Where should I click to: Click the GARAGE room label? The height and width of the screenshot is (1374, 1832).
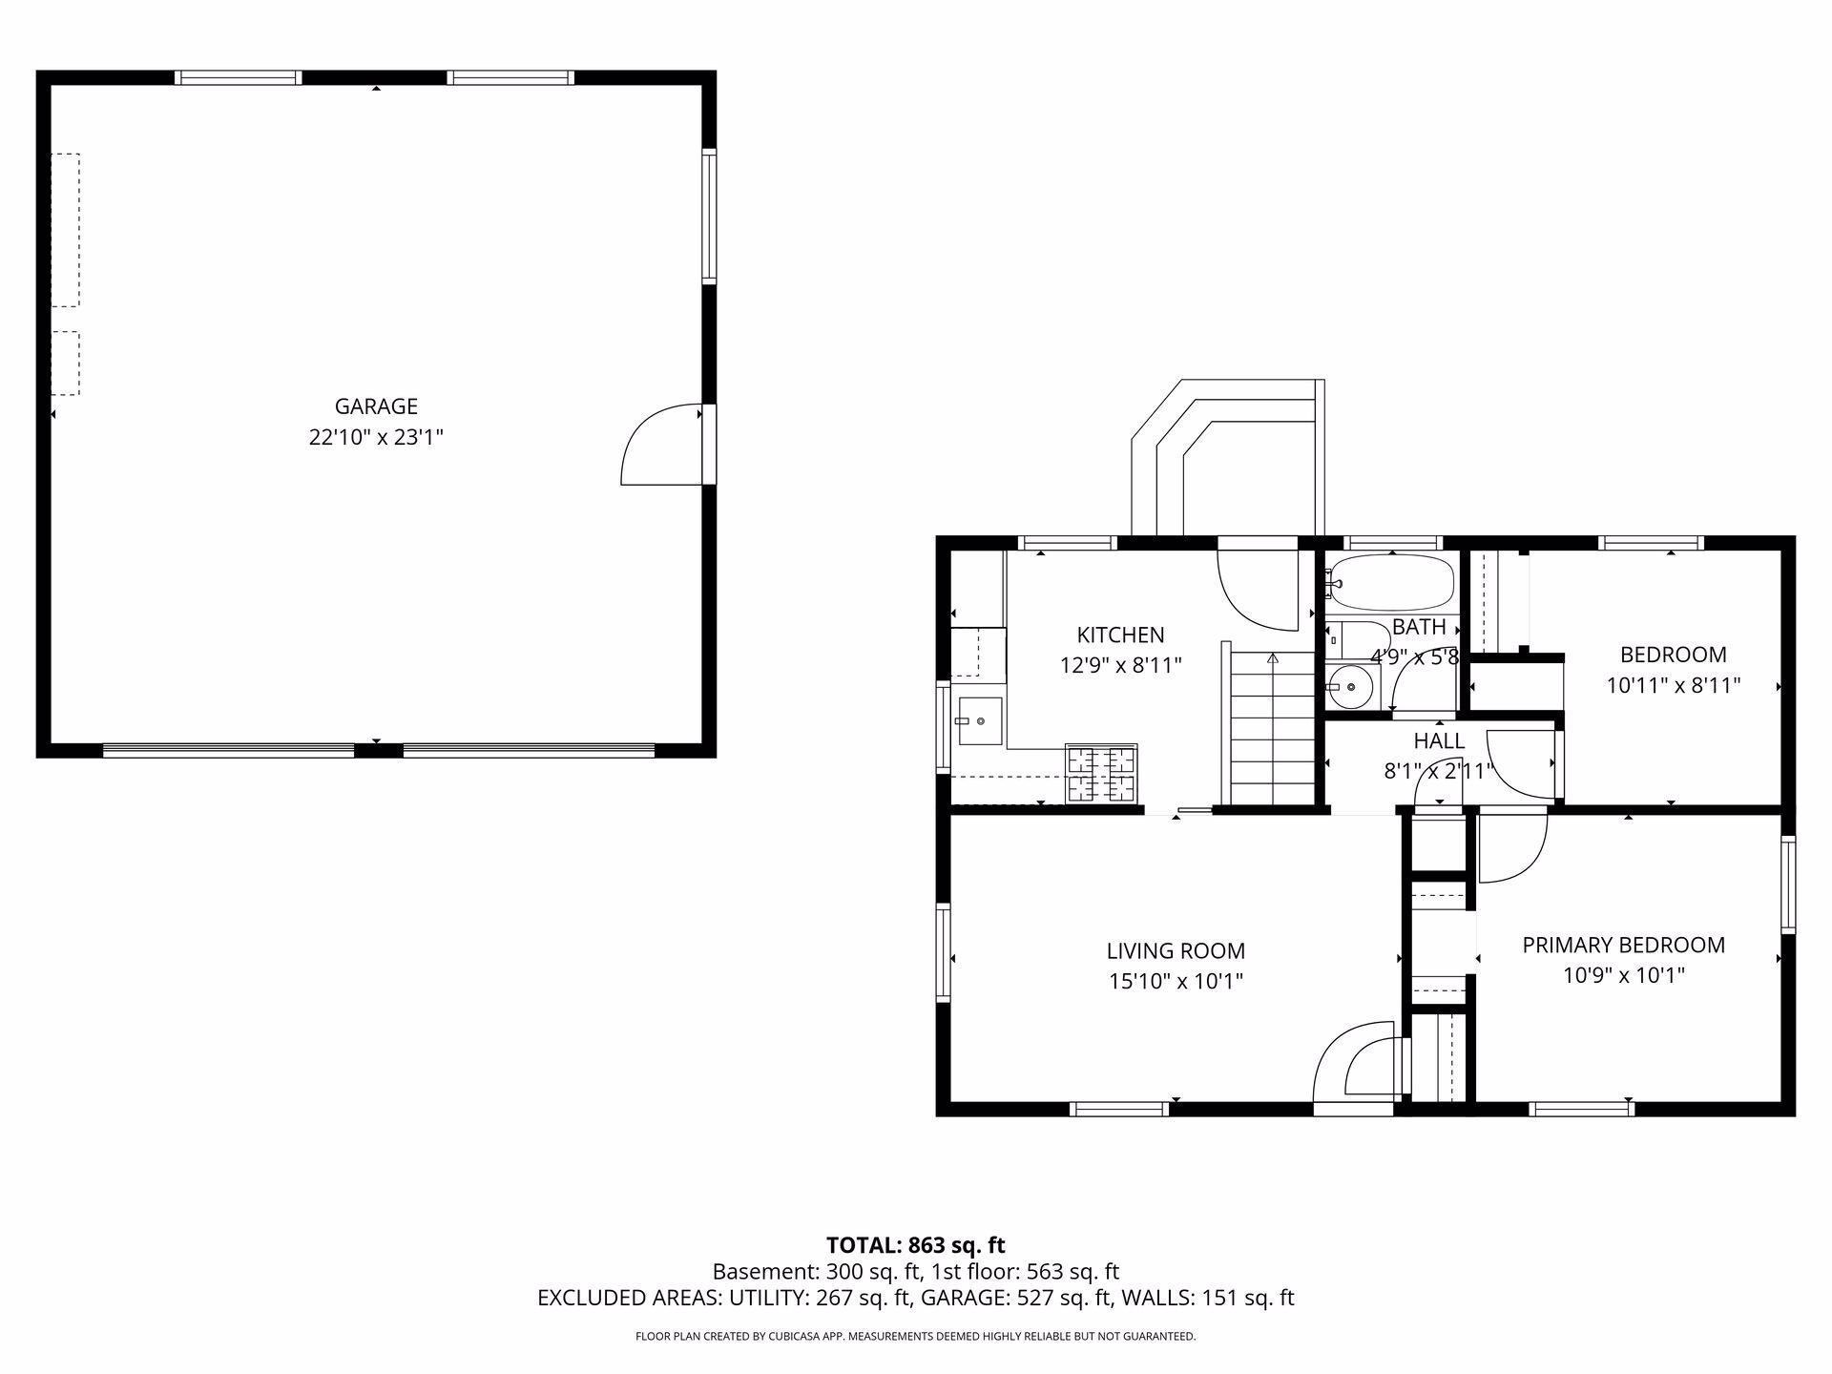tap(376, 406)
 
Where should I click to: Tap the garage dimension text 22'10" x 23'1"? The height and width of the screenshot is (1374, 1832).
tap(376, 438)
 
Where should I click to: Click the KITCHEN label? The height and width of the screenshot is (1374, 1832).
tap(1120, 635)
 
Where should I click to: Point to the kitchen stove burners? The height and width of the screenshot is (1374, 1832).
tap(1101, 773)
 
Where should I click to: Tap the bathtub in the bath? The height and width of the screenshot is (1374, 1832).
tap(1392, 583)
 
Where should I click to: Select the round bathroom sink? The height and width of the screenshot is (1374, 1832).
tap(1349, 686)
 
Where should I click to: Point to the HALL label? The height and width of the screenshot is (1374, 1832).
tap(1439, 740)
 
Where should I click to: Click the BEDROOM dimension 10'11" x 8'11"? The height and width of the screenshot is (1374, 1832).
tap(1674, 685)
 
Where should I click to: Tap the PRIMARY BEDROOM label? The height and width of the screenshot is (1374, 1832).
tap(1623, 945)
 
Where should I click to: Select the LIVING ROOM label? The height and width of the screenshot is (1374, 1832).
tap(1176, 950)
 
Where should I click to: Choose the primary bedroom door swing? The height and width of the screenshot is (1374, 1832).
tap(1511, 847)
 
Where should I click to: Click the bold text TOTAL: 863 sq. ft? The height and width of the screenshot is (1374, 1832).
tap(916, 1245)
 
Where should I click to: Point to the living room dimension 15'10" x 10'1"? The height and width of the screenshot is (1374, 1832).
tap(1176, 981)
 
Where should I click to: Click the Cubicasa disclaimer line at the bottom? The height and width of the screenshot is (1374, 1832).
tap(916, 1337)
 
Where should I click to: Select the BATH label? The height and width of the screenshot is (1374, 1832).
tap(1419, 627)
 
